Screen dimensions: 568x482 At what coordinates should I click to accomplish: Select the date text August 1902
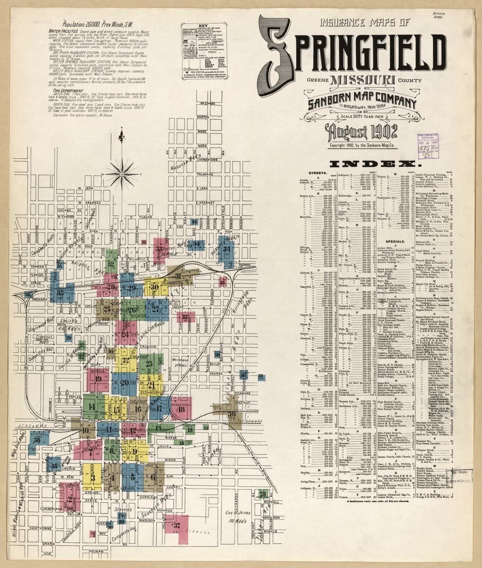click(x=361, y=130)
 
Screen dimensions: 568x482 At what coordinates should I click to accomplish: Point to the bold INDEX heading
click(x=376, y=164)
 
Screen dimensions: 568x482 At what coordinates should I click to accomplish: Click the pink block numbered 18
click(x=179, y=408)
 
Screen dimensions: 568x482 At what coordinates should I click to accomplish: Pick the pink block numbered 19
click(x=98, y=378)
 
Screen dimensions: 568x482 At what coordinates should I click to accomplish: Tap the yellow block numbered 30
click(x=154, y=287)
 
